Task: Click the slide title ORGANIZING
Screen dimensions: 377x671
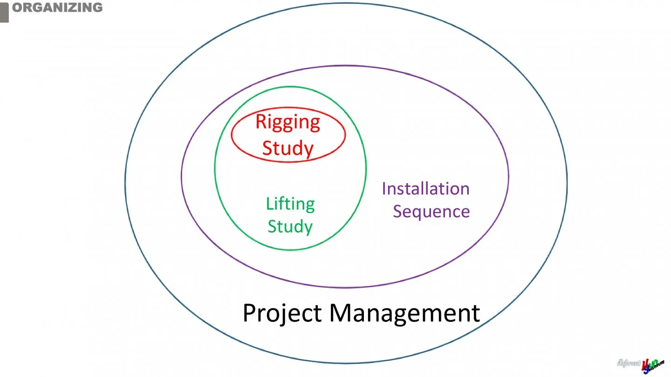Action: point(57,7)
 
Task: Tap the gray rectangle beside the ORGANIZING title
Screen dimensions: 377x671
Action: point(4,11)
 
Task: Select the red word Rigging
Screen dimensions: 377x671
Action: point(288,122)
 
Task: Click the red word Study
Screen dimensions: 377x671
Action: point(288,148)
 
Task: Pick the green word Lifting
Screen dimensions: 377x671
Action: point(290,204)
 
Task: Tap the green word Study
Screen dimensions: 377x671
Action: point(290,226)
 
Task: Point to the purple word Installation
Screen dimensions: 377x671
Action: point(425,189)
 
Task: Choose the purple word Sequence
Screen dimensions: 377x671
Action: point(431,211)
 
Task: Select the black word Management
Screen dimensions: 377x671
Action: point(404,313)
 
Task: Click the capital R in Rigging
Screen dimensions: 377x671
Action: point(261,122)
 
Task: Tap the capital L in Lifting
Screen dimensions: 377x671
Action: point(269,204)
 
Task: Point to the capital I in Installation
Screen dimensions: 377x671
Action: point(384,189)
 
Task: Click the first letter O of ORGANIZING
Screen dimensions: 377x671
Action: point(17,7)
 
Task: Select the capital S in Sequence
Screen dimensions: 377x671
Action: point(398,211)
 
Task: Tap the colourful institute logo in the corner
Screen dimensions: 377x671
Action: point(652,365)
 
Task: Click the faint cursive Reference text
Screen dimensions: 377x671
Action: point(628,363)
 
